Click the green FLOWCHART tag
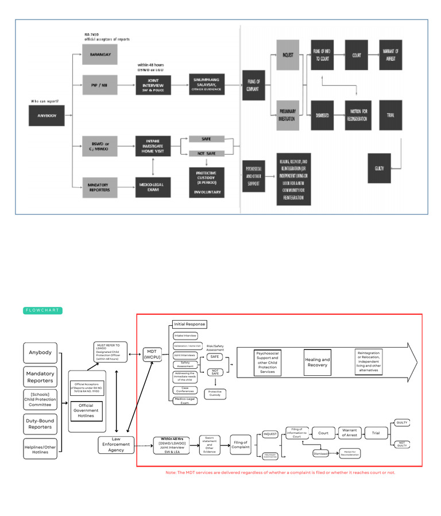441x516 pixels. click(42, 310)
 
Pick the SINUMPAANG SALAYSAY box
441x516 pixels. click(207, 84)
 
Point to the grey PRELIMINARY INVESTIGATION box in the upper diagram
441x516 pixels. click(288, 115)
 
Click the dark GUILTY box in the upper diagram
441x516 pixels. click(379, 168)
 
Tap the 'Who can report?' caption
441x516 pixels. click(47, 102)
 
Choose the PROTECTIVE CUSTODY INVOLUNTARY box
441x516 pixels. click(207, 182)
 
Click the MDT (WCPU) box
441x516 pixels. click(153, 355)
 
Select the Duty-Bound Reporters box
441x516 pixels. click(40, 423)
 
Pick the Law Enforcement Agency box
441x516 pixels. click(116, 444)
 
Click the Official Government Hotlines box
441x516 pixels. click(87, 411)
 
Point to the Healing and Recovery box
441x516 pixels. click(318, 363)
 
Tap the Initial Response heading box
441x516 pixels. click(189, 324)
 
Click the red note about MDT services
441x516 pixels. click(280, 472)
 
